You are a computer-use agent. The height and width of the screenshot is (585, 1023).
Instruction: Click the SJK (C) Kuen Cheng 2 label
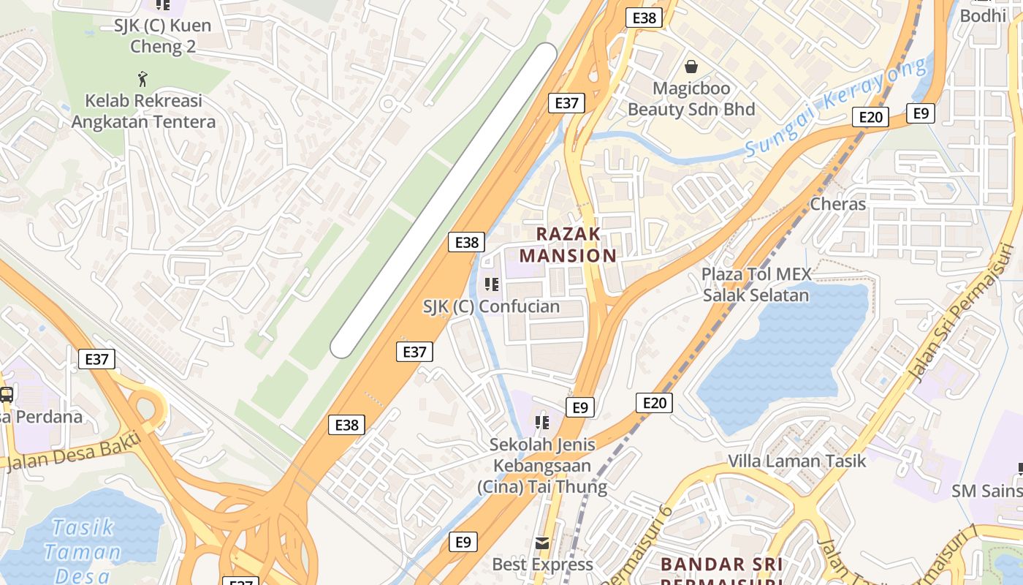click(x=162, y=36)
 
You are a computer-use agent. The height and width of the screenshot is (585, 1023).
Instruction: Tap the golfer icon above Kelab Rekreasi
click(x=143, y=78)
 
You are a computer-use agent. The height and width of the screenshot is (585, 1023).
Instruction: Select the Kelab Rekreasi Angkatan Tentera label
click(x=143, y=111)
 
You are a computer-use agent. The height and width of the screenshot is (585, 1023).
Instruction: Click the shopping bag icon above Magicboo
click(x=691, y=67)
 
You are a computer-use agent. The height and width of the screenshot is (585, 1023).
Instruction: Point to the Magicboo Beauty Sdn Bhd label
click(x=691, y=99)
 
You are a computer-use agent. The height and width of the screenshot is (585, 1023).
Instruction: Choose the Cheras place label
click(x=837, y=204)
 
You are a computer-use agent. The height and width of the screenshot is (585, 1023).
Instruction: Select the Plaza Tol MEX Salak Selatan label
click(x=756, y=284)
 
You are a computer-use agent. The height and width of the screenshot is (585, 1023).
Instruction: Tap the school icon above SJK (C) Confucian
click(x=491, y=284)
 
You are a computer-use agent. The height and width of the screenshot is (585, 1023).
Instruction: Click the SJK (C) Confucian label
click(x=491, y=307)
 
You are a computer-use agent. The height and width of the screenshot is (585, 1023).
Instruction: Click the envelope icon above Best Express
click(x=542, y=543)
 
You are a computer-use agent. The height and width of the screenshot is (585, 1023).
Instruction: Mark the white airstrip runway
click(x=444, y=200)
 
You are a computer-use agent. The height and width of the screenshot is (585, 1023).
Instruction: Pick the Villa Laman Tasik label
click(x=796, y=461)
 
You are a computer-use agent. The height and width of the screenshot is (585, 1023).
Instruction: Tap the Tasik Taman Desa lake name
click(x=82, y=551)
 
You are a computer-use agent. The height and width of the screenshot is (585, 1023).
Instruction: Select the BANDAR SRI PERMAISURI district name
click(x=722, y=570)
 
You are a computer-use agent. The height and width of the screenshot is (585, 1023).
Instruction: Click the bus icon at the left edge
click(x=6, y=395)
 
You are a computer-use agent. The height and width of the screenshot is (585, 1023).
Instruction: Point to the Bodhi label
click(x=983, y=15)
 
